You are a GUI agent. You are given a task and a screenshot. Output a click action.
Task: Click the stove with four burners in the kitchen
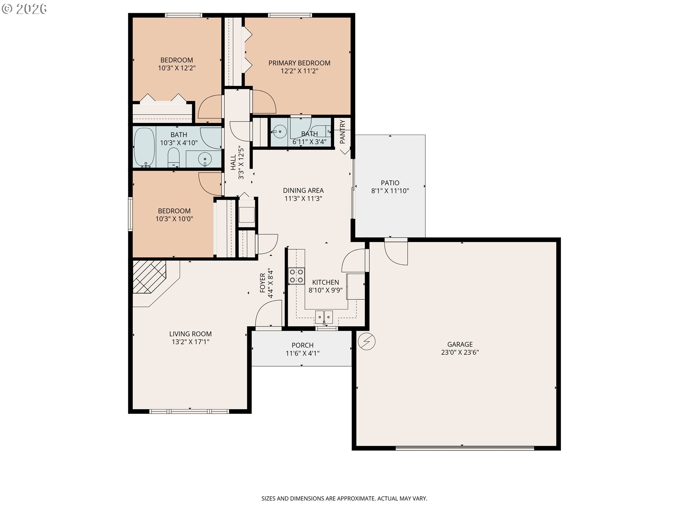[x=297, y=276]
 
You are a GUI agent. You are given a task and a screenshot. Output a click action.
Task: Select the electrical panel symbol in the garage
[x=367, y=341]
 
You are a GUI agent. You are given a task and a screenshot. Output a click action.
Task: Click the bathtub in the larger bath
[x=144, y=148]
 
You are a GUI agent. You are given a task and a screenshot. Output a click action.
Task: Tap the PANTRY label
[x=342, y=132]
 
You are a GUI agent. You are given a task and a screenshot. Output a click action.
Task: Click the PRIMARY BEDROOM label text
[x=299, y=63]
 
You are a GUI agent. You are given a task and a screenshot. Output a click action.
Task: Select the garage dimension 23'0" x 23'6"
[x=460, y=352]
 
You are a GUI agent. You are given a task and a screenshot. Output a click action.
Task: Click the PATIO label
[x=390, y=183]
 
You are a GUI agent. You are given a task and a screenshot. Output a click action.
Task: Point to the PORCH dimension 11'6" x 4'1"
[x=303, y=353]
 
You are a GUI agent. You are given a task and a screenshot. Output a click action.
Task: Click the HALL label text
[x=233, y=162]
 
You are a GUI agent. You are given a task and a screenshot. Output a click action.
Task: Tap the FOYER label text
[x=262, y=283]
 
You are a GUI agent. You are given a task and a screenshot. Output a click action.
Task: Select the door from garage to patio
[x=396, y=253]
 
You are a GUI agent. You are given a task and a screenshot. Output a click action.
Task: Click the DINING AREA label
[x=303, y=190]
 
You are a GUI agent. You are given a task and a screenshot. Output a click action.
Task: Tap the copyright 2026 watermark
[x=24, y=9]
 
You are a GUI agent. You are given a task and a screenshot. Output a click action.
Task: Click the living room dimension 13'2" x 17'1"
[x=191, y=342]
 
